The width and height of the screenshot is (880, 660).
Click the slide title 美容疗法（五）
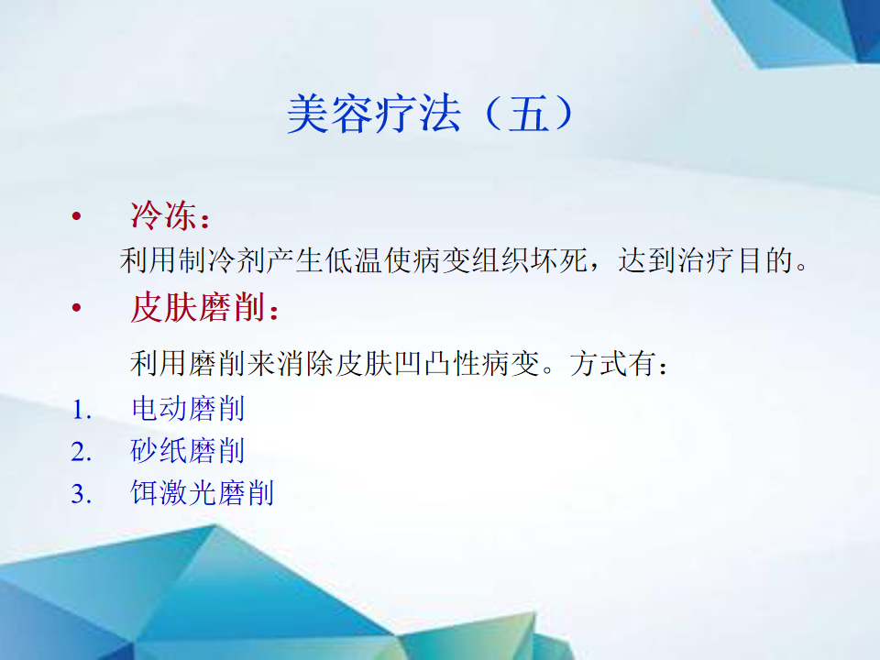(430, 114)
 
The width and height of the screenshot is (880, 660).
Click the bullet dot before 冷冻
(77, 216)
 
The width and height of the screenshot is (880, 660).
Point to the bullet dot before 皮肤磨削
(77, 308)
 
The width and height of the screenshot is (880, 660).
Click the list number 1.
(82, 410)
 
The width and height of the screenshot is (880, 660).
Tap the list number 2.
(82, 452)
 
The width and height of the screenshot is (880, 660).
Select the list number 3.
(82, 494)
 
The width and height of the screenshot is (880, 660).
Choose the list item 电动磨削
(188, 409)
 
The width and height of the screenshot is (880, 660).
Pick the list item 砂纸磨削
(188, 451)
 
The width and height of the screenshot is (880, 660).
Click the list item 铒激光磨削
(202, 493)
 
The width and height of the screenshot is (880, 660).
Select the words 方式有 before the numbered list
(613, 363)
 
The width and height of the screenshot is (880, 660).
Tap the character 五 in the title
(529, 114)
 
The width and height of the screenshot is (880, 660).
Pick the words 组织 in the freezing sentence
(500, 261)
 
